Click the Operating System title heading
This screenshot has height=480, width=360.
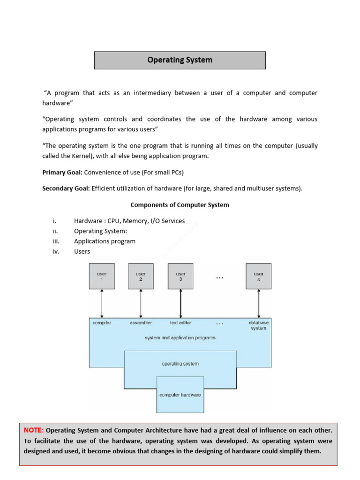tap(180, 60)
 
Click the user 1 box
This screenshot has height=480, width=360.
tap(102, 276)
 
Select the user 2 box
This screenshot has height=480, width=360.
tap(141, 276)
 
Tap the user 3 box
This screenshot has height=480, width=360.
tap(180, 276)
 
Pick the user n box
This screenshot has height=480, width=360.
tap(258, 276)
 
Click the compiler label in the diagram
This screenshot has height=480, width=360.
tap(102, 323)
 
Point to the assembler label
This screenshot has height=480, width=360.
tap(141, 323)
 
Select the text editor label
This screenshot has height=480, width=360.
tap(180, 323)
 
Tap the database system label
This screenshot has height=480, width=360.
tap(258, 325)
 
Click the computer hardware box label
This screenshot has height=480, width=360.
tap(180, 395)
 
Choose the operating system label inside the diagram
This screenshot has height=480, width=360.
tap(180, 364)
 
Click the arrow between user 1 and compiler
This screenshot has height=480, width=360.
tap(102, 304)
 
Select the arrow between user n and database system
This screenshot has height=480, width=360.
tap(258, 304)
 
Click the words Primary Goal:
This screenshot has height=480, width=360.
tap(62, 172)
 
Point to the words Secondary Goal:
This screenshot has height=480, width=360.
tap(66, 188)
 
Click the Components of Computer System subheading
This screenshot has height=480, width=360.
tap(180, 205)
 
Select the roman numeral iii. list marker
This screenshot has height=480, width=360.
tap(55, 241)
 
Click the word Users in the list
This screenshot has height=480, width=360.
tap(82, 251)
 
